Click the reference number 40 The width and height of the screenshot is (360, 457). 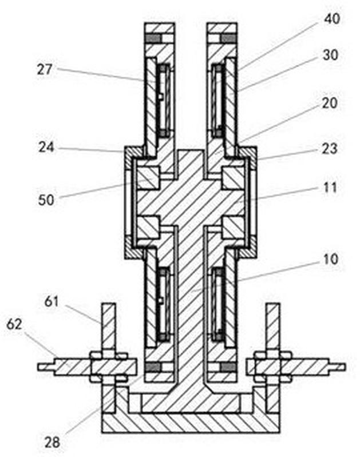tap(332, 19)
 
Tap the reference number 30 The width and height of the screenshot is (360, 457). tap(330, 54)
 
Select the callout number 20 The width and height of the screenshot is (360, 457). tap(330, 103)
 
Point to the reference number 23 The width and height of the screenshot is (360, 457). tap(330, 149)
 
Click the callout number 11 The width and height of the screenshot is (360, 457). tap(330, 187)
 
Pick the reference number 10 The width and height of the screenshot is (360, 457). tap(331, 259)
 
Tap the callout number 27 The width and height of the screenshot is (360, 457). tap(45, 69)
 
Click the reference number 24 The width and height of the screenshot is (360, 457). tap(46, 147)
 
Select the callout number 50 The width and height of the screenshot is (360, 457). tap(46, 200)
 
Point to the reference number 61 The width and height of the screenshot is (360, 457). tap(52, 301)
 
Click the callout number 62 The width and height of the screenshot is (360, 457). tap(14, 324)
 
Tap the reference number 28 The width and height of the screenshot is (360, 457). tap(53, 443)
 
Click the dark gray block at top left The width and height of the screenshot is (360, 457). tap(153, 38)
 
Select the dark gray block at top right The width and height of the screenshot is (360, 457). tap(228, 38)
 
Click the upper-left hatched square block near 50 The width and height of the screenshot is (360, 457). tap(148, 178)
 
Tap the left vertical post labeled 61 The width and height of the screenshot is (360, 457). tap(108, 326)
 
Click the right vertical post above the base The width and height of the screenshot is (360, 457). tap(274, 326)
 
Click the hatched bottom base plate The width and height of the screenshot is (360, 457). tap(191, 423)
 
